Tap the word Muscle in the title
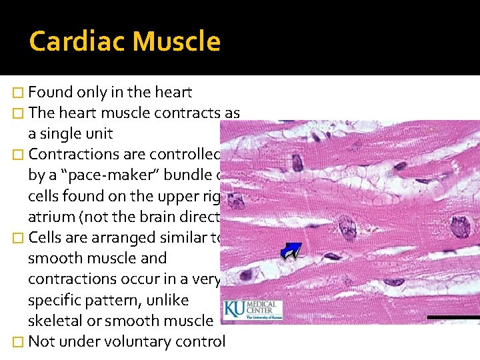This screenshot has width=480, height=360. point(176,41)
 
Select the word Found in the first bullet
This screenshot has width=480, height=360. point(53,93)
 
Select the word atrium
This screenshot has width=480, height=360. point(49,217)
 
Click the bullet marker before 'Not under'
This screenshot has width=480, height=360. point(19,342)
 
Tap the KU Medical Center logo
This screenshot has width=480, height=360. point(253,310)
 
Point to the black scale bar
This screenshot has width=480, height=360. point(453,316)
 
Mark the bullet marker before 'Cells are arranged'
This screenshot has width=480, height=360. point(19,238)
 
